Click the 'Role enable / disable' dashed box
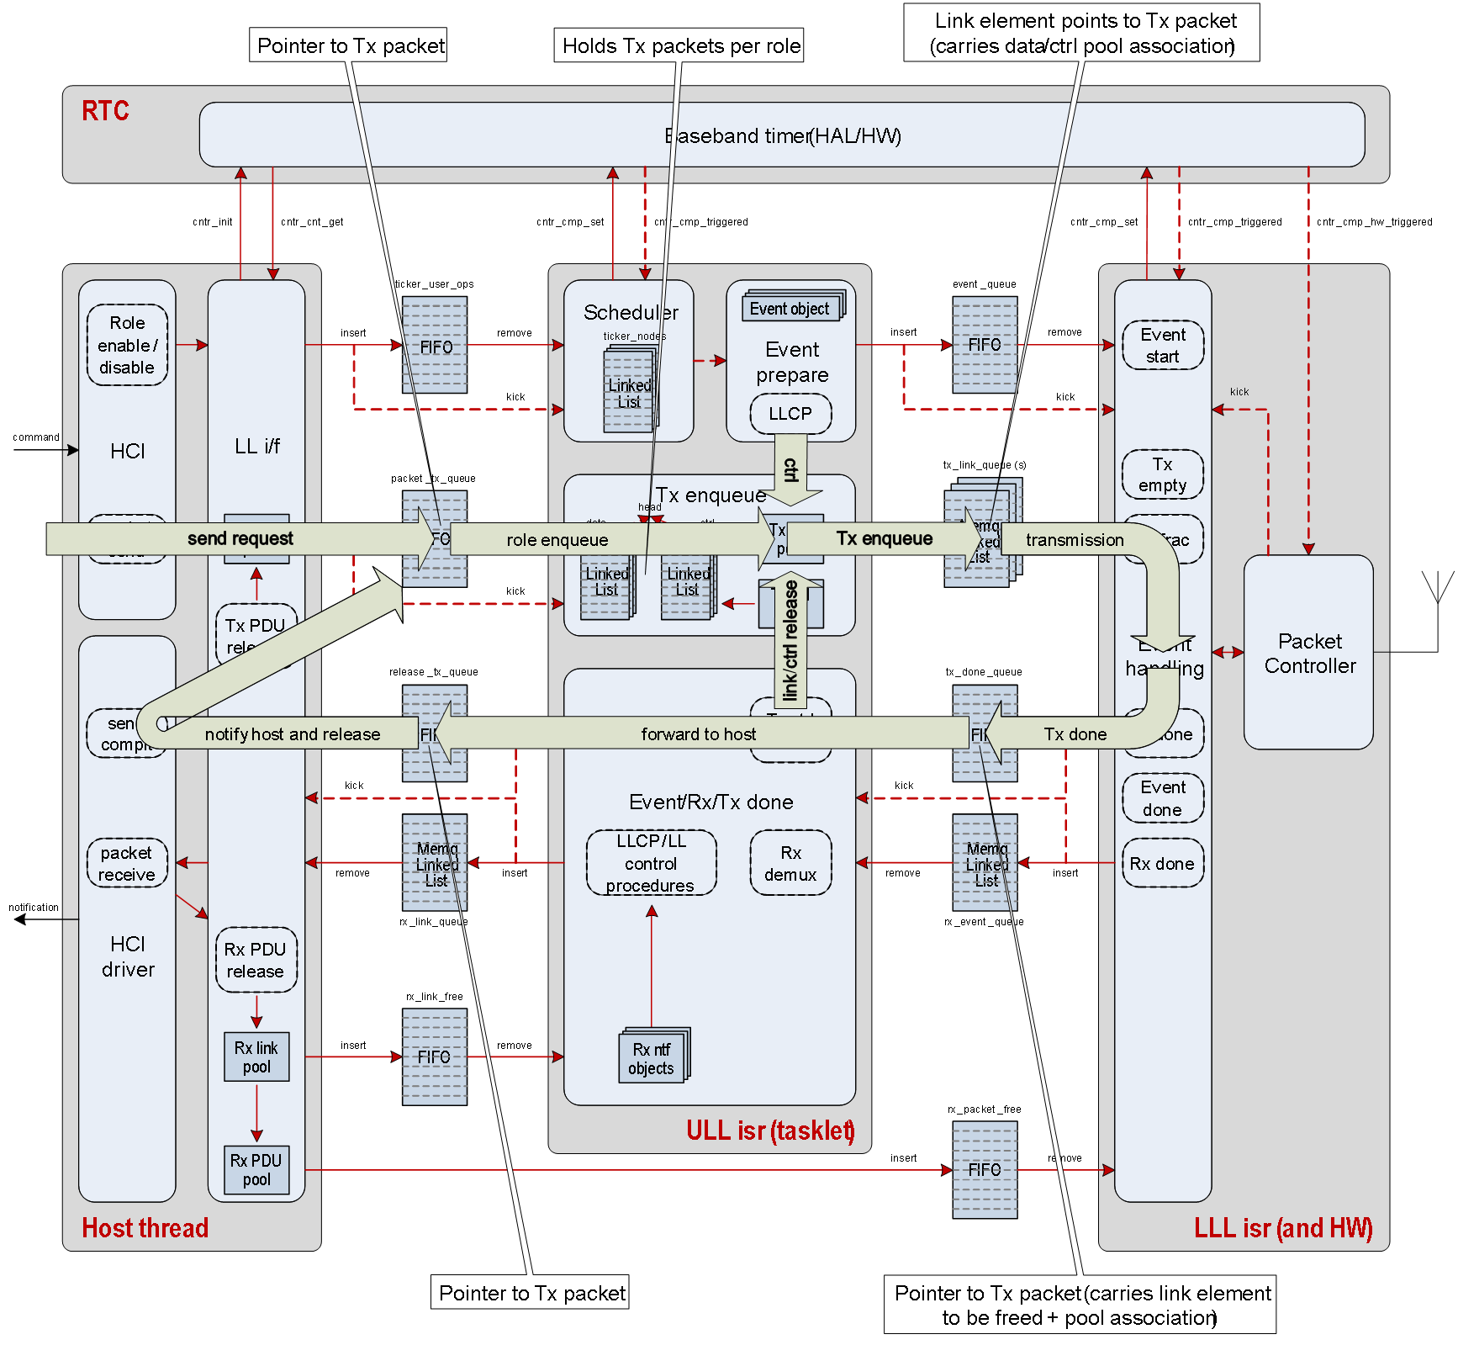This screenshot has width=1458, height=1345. (x=127, y=345)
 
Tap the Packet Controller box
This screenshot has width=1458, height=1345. (x=1308, y=653)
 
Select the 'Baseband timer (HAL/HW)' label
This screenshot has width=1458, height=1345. (x=782, y=135)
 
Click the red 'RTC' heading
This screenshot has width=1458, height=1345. (x=105, y=111)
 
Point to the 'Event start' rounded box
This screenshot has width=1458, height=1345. (x=1162, y=345)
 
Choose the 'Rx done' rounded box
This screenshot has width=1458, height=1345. (x=1162, y=864)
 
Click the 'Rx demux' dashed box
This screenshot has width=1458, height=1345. (x=790, y=864)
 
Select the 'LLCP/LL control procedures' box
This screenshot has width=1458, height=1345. (x=651, y=864)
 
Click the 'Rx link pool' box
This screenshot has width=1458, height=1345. (x=256, y=1057)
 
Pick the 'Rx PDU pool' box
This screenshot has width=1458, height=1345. (x=256, y=1170)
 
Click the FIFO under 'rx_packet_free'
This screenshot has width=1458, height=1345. (x=985, y=1170)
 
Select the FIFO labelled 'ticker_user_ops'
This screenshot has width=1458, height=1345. (x=435, y=345)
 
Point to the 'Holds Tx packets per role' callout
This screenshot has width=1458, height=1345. (x=679, y=45)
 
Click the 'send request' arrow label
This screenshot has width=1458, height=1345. (x=240, y=539)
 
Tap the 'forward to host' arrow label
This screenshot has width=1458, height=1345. (x=698, y=734)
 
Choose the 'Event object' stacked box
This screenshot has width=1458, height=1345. (x=790, y=309)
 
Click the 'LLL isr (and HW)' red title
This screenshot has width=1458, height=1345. (x=1282, y=1228)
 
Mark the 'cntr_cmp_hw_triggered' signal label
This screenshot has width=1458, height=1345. (x=1374, y=222)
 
